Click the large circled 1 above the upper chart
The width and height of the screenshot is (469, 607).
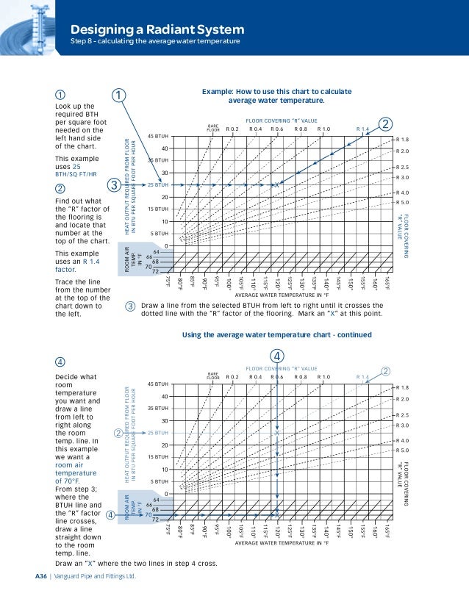click(119, 96)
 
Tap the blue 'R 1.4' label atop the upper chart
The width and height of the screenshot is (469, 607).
click(363, 129)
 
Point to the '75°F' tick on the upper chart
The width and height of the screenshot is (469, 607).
click(168, 282)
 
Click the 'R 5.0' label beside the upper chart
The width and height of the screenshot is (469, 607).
click(402, 202)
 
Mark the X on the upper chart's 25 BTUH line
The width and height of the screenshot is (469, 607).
click(276, 185)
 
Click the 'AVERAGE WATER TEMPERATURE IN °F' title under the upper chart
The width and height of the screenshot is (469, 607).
click(276, 297)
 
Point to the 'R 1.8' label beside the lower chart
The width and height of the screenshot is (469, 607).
click(402, 387)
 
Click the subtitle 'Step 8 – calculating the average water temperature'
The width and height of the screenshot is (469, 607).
click(155, 41)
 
